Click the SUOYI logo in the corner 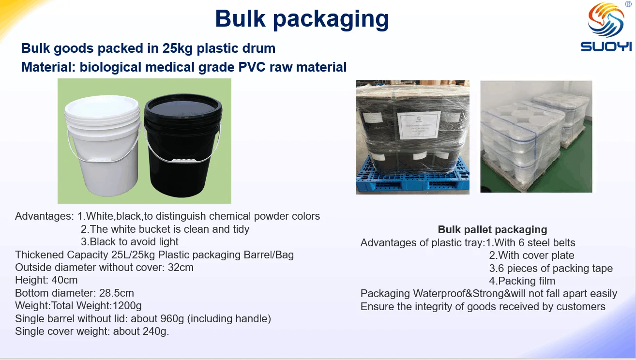606,27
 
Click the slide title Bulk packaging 302,19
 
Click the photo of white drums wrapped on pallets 536,136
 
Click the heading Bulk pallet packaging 492,230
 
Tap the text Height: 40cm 46,280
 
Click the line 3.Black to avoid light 130,242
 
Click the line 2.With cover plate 531,255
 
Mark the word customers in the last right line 581,307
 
